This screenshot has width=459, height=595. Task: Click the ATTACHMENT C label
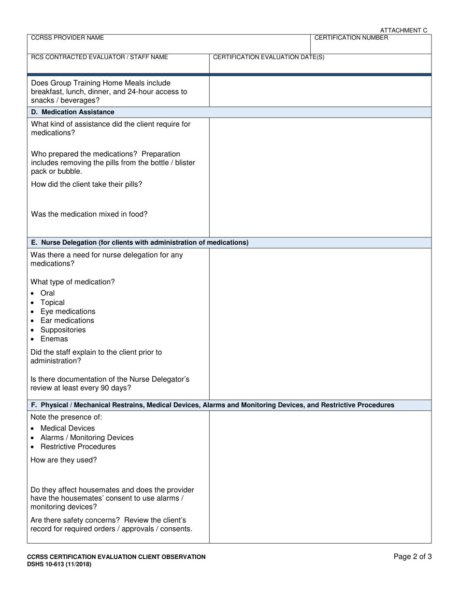(x=403, y=30)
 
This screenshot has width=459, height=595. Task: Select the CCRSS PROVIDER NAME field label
(x=67, y=38)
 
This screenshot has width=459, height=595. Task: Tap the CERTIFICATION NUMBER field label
(x=351, y=38)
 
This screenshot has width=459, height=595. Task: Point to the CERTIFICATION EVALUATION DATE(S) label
(x=269, y=57)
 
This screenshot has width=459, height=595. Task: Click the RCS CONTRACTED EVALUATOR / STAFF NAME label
(x=100, y=57)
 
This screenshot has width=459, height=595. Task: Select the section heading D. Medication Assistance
(x=72, y=112)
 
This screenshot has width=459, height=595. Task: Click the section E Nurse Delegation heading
(x=140, y=242)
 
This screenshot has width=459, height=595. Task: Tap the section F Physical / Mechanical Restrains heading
(x=213, y=405)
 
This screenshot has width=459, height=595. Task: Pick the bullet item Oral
(x=47, y=293)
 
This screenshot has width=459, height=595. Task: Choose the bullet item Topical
(x=52, y=302)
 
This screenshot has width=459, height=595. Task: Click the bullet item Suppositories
(x=63, y=330)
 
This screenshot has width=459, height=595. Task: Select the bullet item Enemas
(x=54, y=339)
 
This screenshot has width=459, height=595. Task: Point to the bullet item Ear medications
(x=67, y=320)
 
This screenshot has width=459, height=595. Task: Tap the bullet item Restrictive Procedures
(x=78, y=446)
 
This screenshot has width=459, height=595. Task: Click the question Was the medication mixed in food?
(x=89, y=214)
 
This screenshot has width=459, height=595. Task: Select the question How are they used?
(x=64, y=460)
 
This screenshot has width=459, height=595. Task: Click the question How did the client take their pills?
(x=86, y=184)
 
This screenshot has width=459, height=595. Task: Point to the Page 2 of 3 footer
(x=413, y=557)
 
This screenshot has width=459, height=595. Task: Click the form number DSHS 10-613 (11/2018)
(x=59, y=564)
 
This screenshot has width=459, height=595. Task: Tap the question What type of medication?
(x=73, y=282)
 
